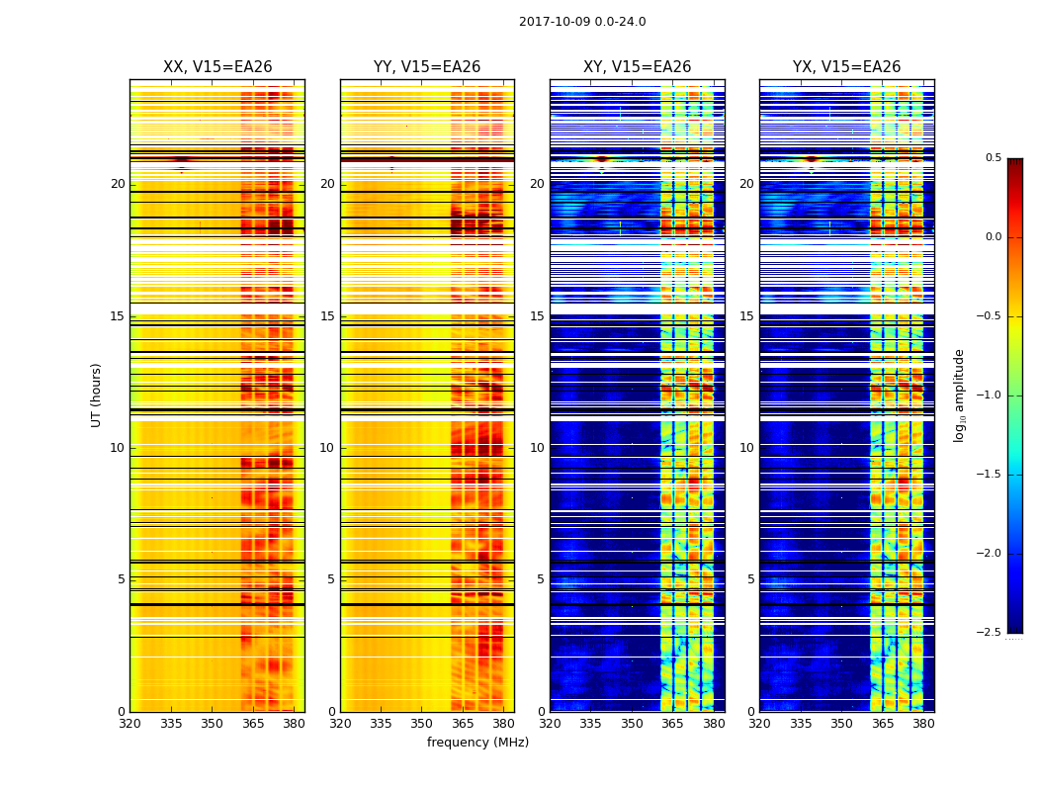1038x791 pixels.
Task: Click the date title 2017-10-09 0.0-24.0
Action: point(582,22)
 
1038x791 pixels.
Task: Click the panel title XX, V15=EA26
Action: point(217,67)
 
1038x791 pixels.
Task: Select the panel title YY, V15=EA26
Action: point(427,67)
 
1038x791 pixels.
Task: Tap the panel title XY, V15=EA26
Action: point(637,67)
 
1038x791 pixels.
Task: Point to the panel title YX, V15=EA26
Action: point(846,67)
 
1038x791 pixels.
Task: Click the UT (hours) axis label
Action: point(97,395)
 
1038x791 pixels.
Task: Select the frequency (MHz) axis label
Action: point(477,743)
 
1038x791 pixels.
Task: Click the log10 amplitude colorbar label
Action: point(959,395)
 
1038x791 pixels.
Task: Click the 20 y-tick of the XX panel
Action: point(118,184)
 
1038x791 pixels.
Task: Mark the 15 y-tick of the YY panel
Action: point(327,316)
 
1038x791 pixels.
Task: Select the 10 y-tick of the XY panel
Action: point(537,448)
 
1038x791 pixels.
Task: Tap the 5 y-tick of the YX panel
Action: point(750,579)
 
